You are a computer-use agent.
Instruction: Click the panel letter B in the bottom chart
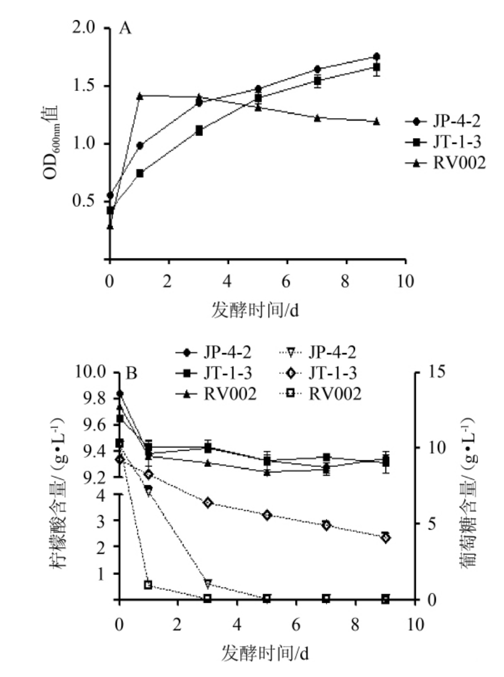[x=131, y=374]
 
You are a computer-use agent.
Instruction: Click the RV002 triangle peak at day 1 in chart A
[x=140, y=96]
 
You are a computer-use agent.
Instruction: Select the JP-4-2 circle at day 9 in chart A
[x=376, y=57]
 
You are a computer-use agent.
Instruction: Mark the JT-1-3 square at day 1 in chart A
[x=140, y=174]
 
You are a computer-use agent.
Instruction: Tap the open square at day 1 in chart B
[x=148, y=584]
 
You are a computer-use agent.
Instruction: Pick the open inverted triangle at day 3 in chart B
[x=208, y=584]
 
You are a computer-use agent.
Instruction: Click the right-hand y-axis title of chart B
[x=471, y=486]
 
